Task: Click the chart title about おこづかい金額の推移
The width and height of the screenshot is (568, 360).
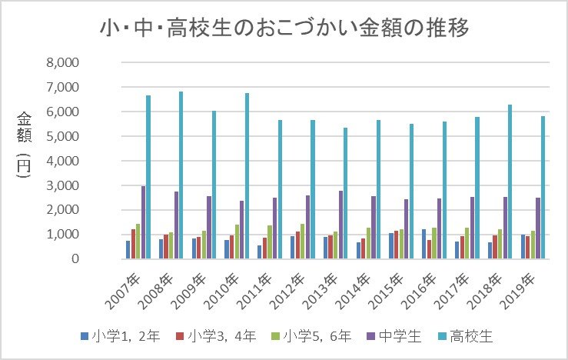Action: pos(284,28)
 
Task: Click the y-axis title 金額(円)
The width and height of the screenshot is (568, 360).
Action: pos(24,146)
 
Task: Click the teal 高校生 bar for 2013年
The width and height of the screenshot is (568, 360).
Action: pos(345,193)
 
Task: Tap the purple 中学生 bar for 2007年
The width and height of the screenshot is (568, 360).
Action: pos(143,222)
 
